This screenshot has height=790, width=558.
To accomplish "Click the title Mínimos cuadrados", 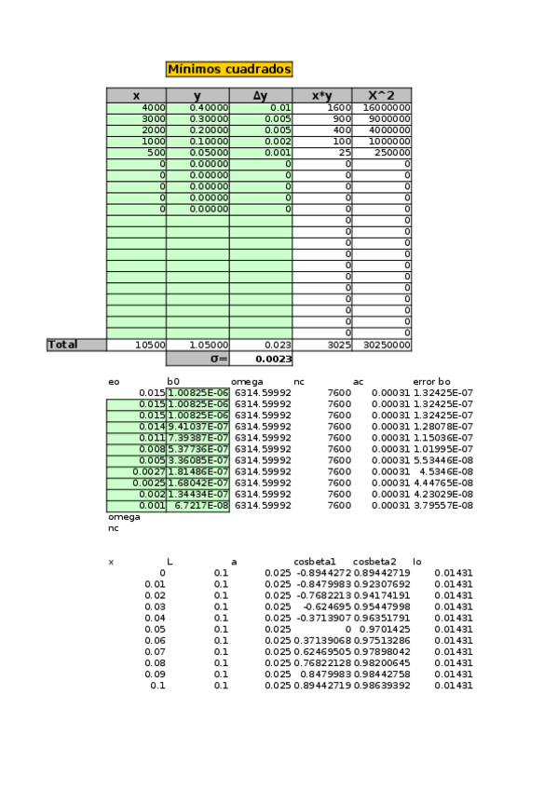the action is [229, 69].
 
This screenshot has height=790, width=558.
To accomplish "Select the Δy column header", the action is [260, 95].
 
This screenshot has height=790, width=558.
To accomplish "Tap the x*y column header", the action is [321, 95].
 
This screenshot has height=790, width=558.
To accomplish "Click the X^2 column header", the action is [381, 95].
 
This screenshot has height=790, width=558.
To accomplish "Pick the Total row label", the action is [76, 345].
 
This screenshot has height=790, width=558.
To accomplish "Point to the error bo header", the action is [431, 382].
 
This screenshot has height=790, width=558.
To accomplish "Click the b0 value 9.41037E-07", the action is [198, 427].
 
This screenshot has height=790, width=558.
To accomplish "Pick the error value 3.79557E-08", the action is [443, 506].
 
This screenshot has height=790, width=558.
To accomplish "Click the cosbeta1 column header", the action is [315, 562].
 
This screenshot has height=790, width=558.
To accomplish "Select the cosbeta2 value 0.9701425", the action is [384, 630].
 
